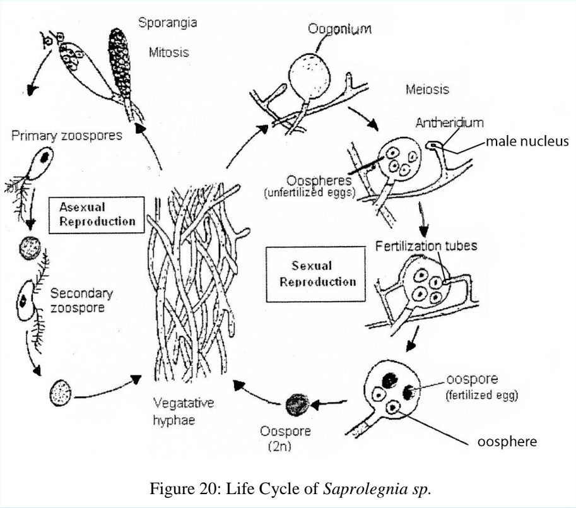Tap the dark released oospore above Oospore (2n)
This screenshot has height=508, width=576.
(295, 403)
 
